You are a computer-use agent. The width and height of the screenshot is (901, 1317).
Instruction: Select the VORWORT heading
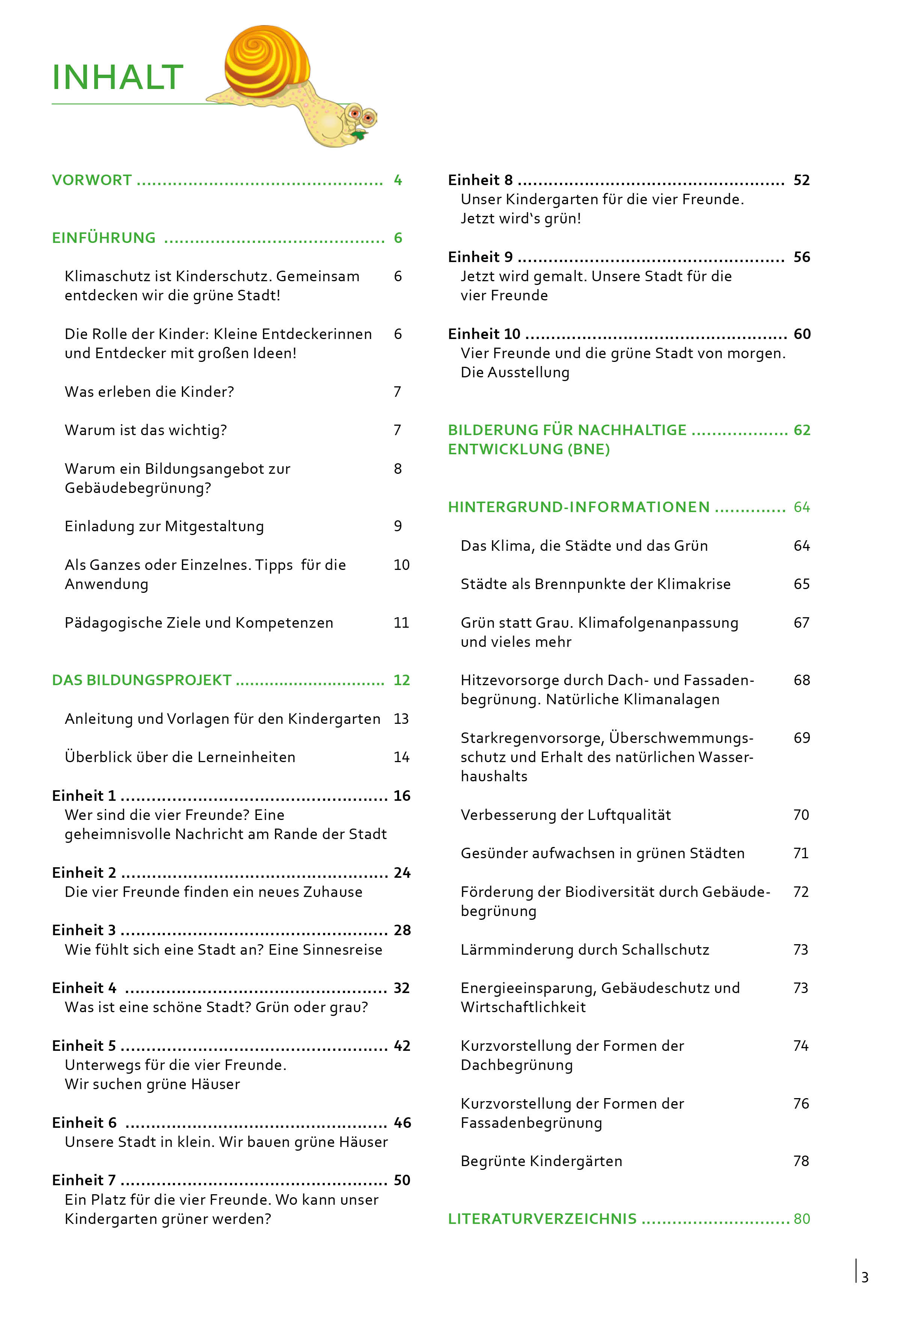pos(92,180)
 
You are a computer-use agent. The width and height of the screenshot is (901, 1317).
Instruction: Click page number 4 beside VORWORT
pos(398,180)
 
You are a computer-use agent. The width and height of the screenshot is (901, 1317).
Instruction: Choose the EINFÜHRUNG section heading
pos(104,238)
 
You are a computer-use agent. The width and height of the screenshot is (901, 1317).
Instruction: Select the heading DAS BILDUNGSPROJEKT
pos(142,680)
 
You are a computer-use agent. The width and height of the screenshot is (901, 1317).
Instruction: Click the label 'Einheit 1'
pos(84,796)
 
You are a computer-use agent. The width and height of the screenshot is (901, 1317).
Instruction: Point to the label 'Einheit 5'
pos(84,1046)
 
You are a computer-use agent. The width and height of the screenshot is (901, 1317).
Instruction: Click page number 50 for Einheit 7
pos(402,1180)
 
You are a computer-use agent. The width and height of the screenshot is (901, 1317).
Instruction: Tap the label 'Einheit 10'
pos(484,334)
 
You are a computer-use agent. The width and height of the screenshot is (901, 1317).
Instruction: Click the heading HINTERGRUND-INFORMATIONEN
pos(579,507)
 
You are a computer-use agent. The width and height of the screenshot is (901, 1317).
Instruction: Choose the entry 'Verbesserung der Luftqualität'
pos(565,815)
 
